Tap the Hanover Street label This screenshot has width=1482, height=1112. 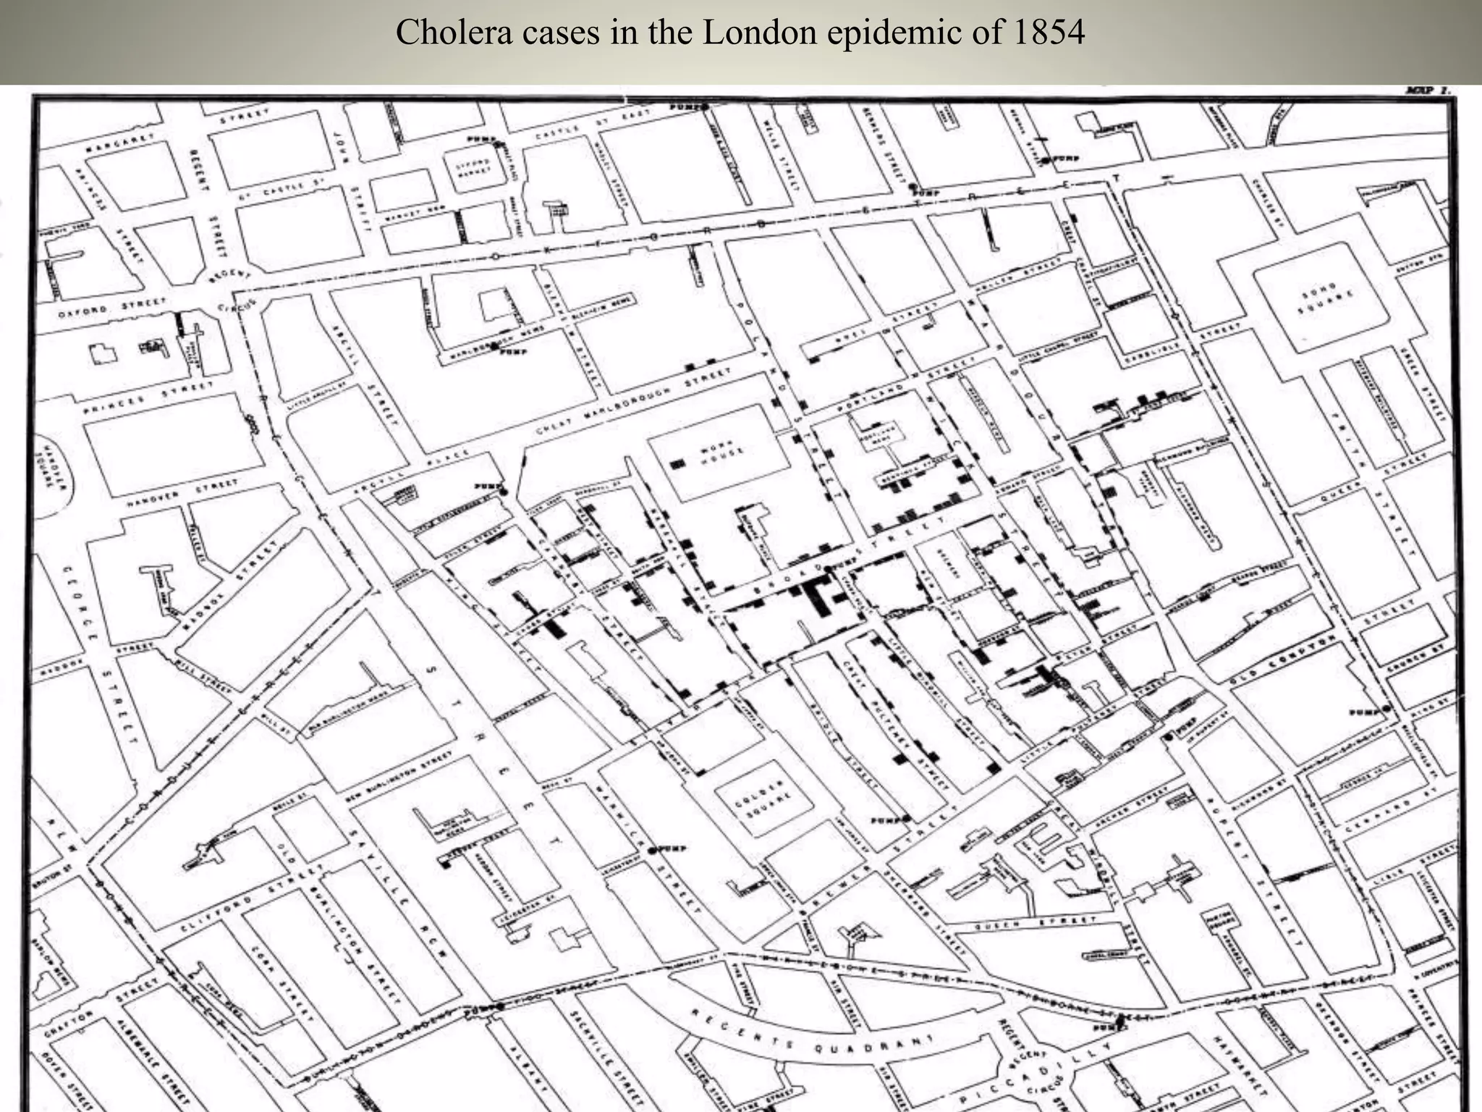182,493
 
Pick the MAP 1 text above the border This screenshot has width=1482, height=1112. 1426,91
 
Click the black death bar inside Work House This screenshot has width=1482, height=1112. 677,464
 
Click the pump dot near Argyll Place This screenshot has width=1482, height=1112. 503,492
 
